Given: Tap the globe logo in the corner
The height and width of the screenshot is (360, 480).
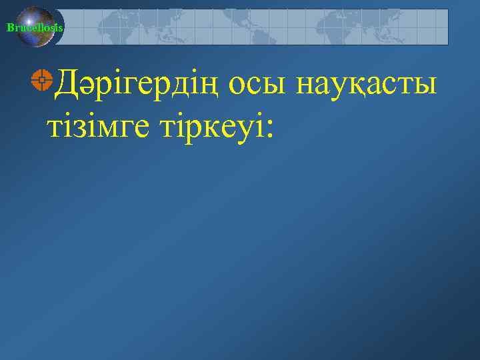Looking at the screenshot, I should (37, 27).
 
